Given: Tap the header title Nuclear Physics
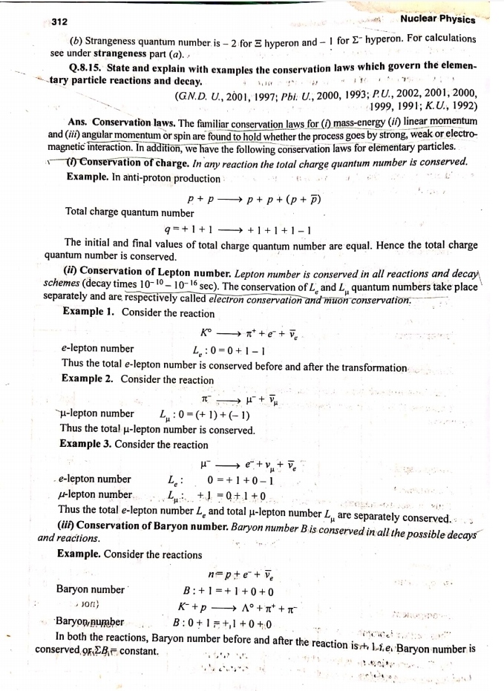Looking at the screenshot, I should (438, 19).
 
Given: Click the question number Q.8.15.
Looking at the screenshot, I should (86, 68).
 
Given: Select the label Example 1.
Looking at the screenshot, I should (88, 312).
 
